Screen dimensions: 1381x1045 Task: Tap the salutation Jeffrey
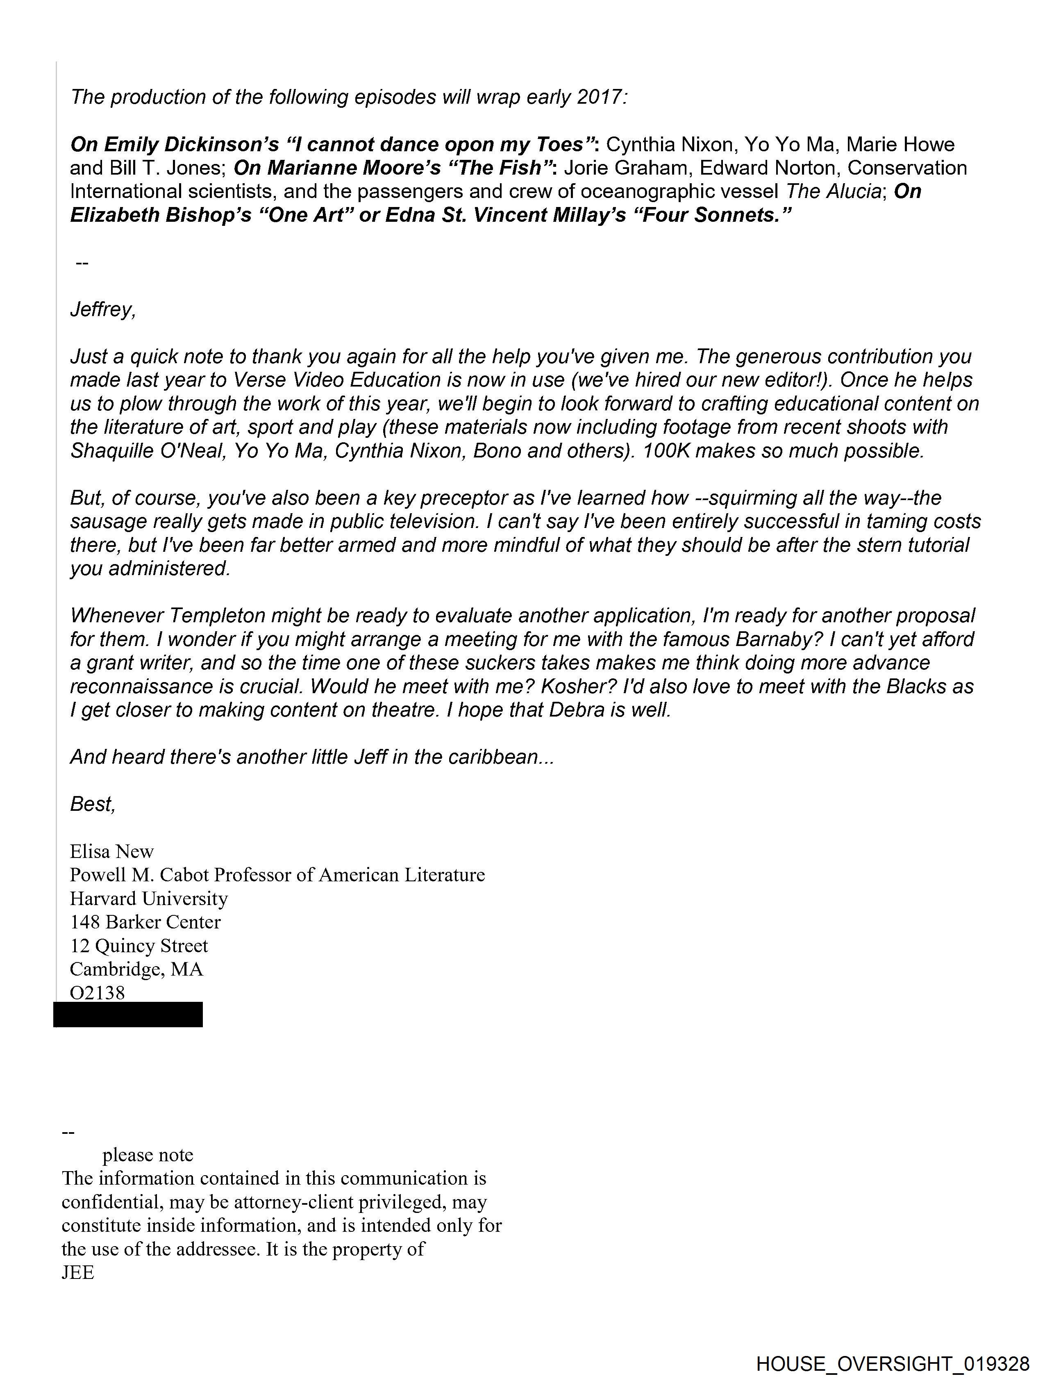pyautogui.click(x=102, y=309)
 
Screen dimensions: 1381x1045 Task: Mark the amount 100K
pyautogui.click(x=666, y=451)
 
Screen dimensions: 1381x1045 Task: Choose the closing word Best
pyautogui.click(x=92, y=804)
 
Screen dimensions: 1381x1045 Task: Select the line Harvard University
pyautogui.click(x=149, y=899)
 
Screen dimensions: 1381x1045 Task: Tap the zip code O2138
pyautogui.click(x=98, y=993)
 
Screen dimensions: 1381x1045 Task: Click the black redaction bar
pyautogui.click(x=128, y=1015)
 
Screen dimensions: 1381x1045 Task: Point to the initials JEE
pyautogui.click(x=77, y=1272)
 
